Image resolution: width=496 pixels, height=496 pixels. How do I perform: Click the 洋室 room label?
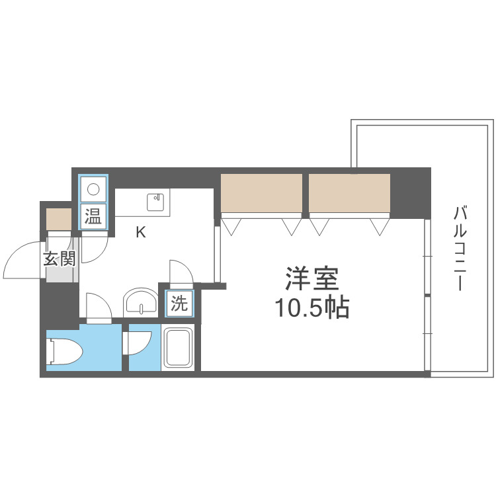point(311,278)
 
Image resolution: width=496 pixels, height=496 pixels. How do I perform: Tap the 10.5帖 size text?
point(311,308)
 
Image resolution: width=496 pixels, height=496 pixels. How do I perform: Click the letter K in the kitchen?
point(140,232)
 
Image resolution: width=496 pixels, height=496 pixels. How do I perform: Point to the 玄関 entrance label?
point(60,259)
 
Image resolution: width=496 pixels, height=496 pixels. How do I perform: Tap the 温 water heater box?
point(93,216)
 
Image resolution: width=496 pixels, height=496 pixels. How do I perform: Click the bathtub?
point(179,348)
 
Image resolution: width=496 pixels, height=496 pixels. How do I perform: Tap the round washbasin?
point(140,304)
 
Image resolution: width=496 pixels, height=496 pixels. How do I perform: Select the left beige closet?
point(261,192)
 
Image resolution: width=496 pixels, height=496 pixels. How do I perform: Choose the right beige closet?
point(349,192)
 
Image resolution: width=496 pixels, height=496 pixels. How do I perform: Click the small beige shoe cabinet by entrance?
point(58,218)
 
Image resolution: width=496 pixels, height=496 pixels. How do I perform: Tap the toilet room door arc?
point(97,307)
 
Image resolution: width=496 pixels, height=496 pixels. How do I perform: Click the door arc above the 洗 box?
point(180,272)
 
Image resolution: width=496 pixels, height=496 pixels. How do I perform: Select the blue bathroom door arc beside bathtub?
point(139,343)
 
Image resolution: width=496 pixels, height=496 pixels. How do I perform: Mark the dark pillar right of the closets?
point(410,193)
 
